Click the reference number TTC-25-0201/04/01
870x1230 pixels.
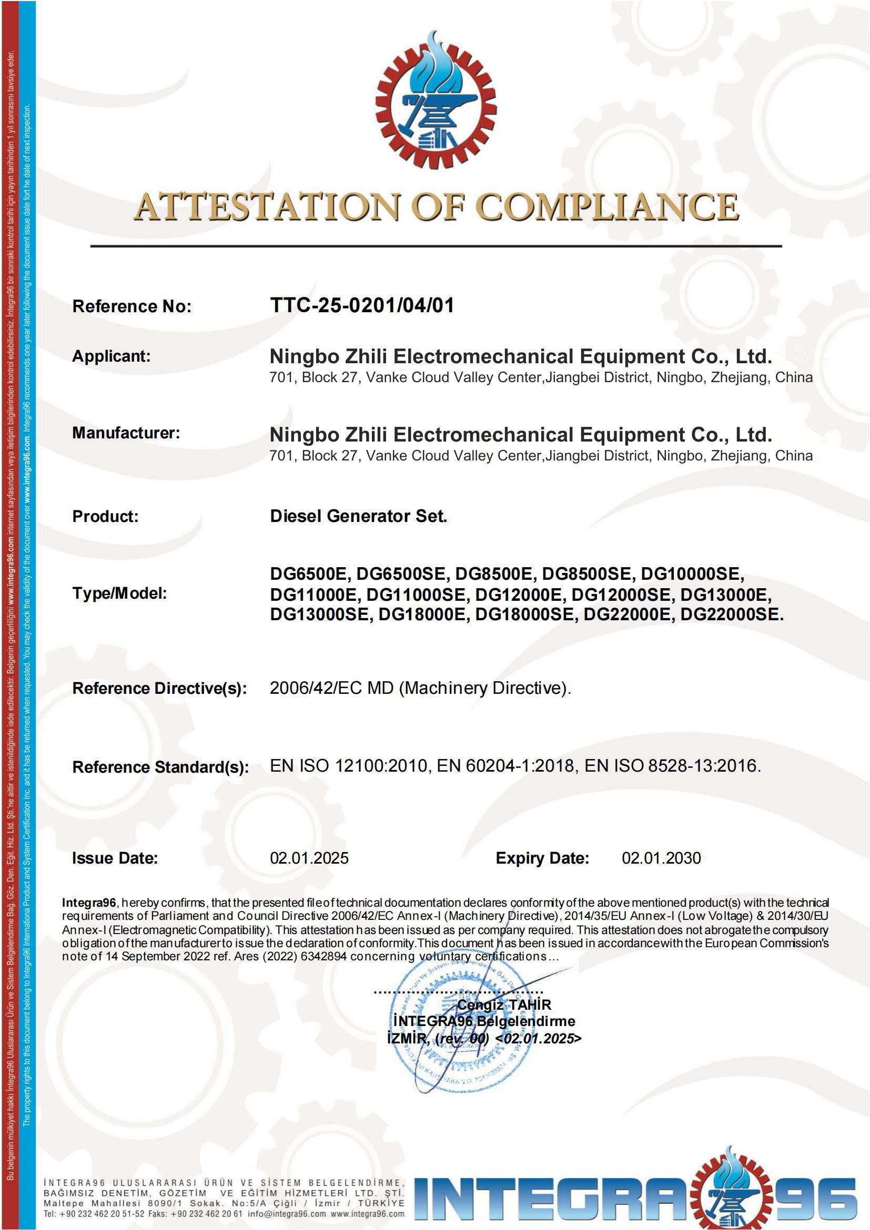[x=362, y=305]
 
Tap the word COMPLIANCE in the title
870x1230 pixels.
[x=608, y=207]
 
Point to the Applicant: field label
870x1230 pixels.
[x=112, y=356]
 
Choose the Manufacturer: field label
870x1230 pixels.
[x=126, y=433]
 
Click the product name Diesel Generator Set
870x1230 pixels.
[x=358, y=516]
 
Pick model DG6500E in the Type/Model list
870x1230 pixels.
[x=308, y=574]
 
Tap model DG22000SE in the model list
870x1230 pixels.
[x=731, y=614]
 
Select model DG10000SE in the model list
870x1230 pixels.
[x=692, y=574]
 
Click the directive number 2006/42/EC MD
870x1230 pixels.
[x=332, y=689]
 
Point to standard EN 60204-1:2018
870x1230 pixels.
[x=505, y=766]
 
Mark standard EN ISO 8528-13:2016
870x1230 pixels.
[x=672, y=766]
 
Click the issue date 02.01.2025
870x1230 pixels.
[x=309, y=858]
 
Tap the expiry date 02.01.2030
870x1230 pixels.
[x=661, y=858]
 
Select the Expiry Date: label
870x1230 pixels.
[x=542, y=858]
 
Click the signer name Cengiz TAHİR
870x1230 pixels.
[x=504, y=1004]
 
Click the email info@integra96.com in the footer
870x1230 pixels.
[x=287, y=1214]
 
